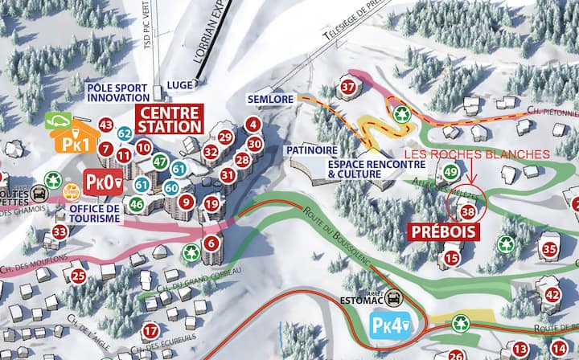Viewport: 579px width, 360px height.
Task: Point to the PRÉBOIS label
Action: click(444, 232)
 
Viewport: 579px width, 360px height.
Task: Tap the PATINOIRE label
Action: click(311, 149)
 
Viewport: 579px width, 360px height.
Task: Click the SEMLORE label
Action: click(270, 99)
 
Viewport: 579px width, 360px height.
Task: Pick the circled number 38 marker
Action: click(468, 211)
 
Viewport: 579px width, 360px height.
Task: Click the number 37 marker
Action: click(348, 87)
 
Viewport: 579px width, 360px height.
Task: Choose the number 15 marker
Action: click(452, 258)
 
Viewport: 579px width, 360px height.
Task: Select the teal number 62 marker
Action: click(125, 133)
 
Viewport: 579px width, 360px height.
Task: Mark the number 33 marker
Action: click(60, 232)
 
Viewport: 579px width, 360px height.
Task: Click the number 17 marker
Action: click(150, 330)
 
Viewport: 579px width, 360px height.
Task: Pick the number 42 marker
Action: click(552, 295)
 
